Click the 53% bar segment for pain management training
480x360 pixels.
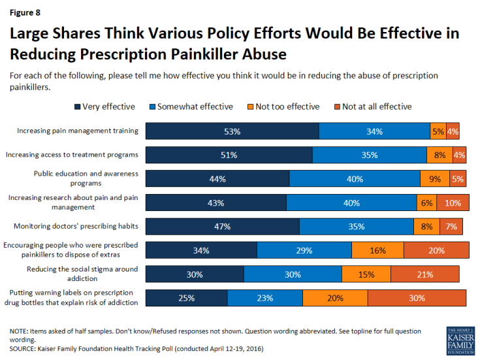pyautogui.click(x=232, y=131)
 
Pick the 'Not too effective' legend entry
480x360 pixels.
pyautogui.click(x=287, y=106)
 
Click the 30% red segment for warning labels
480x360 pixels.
pyautogui.click(x=417, y=298)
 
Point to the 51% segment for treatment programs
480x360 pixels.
pyautogui.click(x=229, y=155)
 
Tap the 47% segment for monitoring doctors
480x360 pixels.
pyautogui.click(x=222, y=227)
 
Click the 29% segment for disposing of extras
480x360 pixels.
pyautogui.click(x=304, y=250)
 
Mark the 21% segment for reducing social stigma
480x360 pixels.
pyautogui.click(x=424, y=274)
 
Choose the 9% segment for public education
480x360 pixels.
pyautogui.click(x=435, y=179)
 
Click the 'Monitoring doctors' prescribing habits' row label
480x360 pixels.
pyautogui.click(x=76, y=227)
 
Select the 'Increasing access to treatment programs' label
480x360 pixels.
pyautogui.click(x=72, y=155)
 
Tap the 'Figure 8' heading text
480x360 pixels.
pyautogui.click(x=24, y=11)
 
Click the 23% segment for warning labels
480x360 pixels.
pyautogui.click(x=264, y=298)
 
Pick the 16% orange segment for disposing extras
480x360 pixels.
pyautogui.click(x=377, y=250)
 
